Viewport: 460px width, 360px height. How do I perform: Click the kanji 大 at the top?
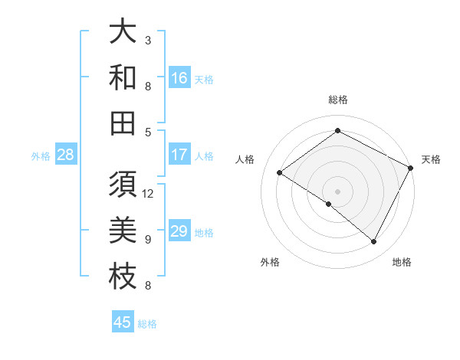[123, 33]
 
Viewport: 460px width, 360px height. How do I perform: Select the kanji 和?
[123, 77]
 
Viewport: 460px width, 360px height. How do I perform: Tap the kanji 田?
[123, 123]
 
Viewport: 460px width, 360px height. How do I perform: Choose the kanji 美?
[123, 231]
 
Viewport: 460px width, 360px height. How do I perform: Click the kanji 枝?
[123, 277]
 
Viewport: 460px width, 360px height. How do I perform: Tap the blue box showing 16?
[179, 78]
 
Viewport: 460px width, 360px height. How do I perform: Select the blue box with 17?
[179, 155]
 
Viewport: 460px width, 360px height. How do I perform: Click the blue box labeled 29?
[179, 231]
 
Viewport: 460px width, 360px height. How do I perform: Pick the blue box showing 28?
[66, 155]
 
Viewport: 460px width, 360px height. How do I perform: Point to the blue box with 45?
[123, 322]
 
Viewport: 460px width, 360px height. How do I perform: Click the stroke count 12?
[148, 193]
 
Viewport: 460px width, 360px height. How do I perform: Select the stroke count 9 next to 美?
[148, 239]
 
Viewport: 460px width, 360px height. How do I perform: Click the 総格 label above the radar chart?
[338, 100]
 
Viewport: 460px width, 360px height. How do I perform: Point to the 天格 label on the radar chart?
[431, 159]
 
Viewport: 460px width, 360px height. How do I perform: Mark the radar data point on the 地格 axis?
[374, 242]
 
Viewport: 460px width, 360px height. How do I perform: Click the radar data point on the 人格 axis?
[280, 172]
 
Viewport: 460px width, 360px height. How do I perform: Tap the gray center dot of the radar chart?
[337, 191]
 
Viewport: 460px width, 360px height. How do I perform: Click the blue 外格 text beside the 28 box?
[41, 156]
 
